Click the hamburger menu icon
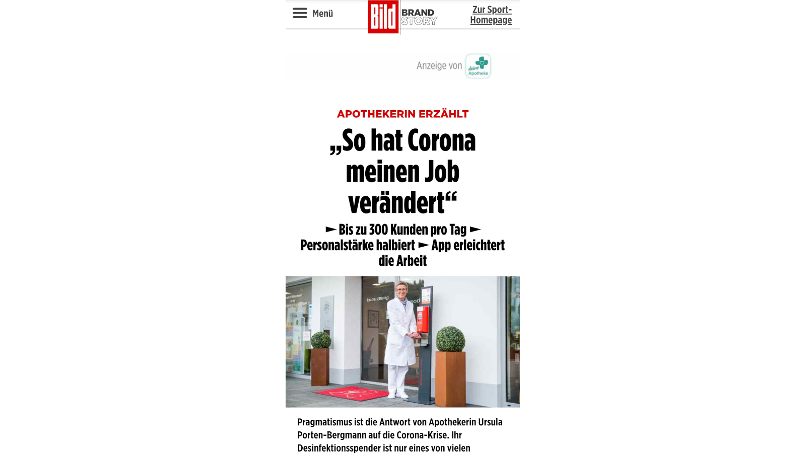[x=300, y=13]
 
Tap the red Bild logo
[x=383, y=17]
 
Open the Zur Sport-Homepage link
[x=491, y=15]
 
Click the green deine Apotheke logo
[x=478, y=66]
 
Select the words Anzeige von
[x=439, y=66]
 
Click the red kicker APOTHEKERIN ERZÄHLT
[x=402, y=114]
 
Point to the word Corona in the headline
[x=441, y=140]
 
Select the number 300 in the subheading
[x=378, y=230]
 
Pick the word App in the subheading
[x=441, y=246]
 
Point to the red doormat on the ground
[x=353, y=393]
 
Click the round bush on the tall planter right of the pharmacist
[x=450, y=339]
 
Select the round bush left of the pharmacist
[x=320, y=340]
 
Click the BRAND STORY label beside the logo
[x=419, y=17]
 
